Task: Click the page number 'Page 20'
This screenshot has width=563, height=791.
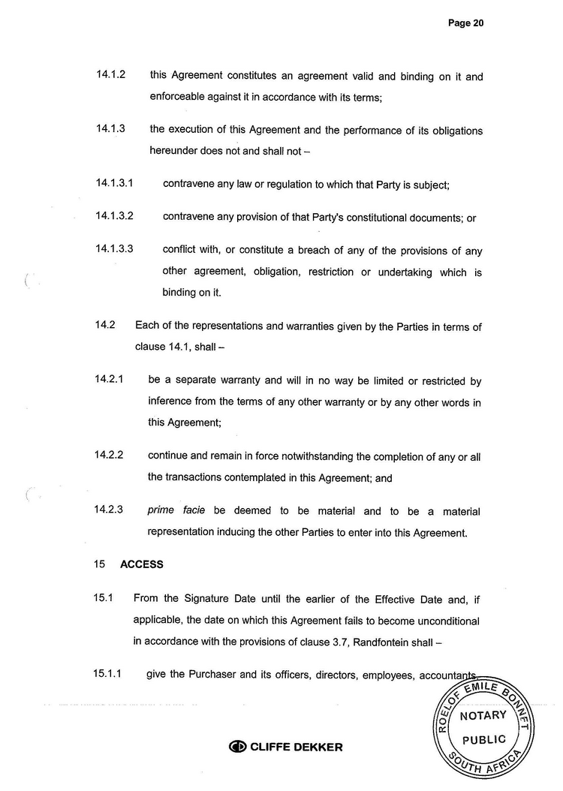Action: [465, 23]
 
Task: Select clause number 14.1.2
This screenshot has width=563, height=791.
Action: [110, 76]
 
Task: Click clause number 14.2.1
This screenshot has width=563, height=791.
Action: [109, 380]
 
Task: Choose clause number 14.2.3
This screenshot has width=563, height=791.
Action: [109, 510]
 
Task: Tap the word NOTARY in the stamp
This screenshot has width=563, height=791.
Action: [483, 715]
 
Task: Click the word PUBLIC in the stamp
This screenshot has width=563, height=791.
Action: [483, 739]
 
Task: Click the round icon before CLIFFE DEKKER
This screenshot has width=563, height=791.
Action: [238, 747]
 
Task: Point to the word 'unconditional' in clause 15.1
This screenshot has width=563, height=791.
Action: [445, 621]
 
